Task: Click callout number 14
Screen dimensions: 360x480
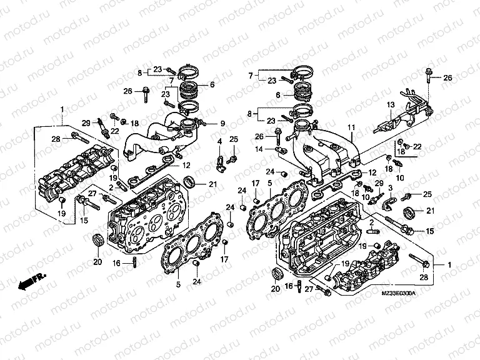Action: point(258,148)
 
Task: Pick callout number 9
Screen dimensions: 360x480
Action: point(222,123)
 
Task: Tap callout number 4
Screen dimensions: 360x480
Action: point(220,142)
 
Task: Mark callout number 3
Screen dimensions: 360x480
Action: point(390,187)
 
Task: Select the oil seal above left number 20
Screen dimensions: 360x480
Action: point(98,240)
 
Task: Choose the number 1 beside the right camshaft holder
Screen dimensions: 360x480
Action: point(449,265)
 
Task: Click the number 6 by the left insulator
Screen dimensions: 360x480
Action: point(212,84)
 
